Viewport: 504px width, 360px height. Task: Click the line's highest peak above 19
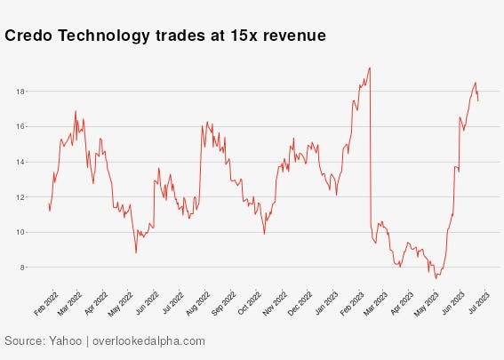(369, 68)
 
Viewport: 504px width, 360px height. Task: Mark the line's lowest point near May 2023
(436, 278)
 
